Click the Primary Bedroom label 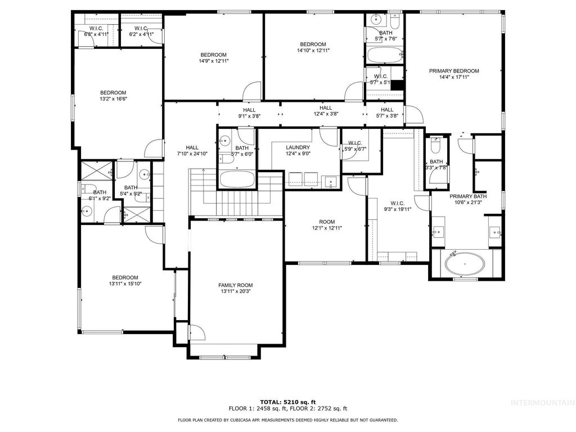coord(453,71)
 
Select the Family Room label coord(236,285)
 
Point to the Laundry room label coord(298,147)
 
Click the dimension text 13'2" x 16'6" coord(113,100)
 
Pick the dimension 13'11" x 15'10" coord(125,284)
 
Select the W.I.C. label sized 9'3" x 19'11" coord(397,209)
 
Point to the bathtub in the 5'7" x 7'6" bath coord(384,56)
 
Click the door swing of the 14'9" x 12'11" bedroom coord(253,92)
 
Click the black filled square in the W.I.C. coord(398,85)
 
